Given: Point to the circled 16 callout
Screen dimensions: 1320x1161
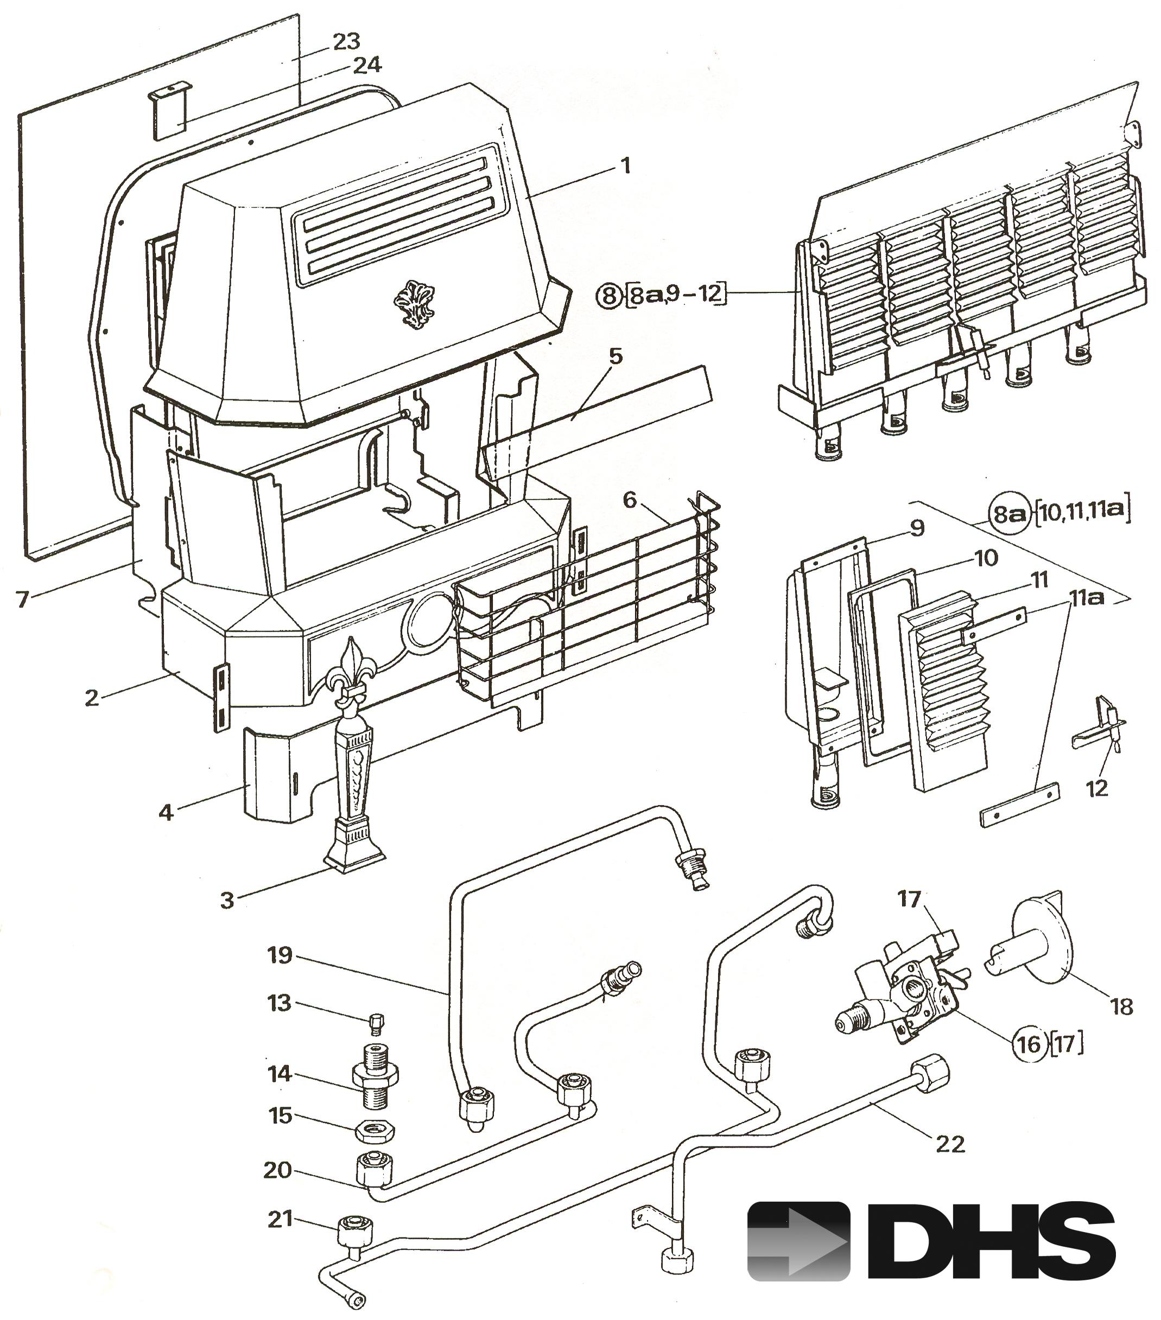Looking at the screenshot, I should (x=1028, y=1044).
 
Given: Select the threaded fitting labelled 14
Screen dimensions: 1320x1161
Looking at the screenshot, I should (x=375, y=1076).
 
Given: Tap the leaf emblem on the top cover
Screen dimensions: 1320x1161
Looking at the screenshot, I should (x=414, y=305).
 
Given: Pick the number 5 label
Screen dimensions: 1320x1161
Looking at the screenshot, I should (x=615, y=356).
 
